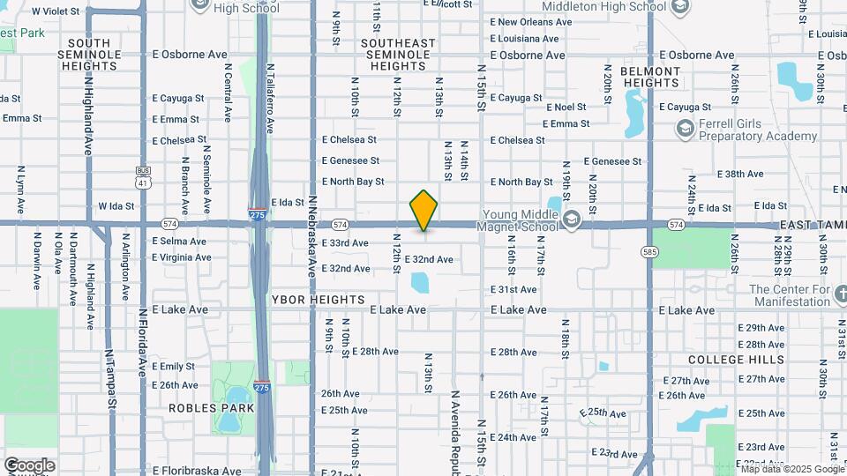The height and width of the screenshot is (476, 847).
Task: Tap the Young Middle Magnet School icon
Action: [x=571, y=218]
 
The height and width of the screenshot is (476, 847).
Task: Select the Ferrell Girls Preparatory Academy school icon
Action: [x=685, y=130]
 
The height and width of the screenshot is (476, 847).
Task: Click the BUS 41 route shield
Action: [x=143, y=175]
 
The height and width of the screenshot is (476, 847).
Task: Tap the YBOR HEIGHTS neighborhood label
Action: [x=319, y=300]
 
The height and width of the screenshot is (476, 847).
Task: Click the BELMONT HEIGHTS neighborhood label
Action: [x=649, y=77]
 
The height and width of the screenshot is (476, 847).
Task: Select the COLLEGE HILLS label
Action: [x=736, y=360]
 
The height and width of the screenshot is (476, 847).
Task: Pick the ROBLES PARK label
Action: [x=212, y=408]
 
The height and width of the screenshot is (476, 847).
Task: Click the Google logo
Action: [x=29, y=465]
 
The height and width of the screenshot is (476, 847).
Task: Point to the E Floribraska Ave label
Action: [x=196, y=471]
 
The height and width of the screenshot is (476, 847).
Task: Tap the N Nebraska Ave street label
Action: [x=312, y=236]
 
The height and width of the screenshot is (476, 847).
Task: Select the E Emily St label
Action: [x=173, y=366]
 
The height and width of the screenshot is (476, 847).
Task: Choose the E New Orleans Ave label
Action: [x=528, y=22]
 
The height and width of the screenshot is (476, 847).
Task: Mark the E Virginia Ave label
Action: [x=182, y=257]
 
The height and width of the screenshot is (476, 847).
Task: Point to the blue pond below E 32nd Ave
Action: [x=420, y=283]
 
